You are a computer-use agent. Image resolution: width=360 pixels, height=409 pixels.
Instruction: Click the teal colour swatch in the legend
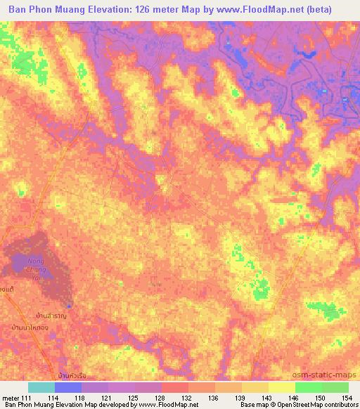(x=41, y=387)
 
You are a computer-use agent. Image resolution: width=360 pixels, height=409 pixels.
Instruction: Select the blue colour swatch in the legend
(x=68, y=387)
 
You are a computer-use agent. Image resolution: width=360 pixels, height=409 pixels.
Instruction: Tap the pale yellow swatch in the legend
(x=281, y=387)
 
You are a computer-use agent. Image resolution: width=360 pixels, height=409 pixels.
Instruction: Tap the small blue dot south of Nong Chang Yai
(x=68, y=305)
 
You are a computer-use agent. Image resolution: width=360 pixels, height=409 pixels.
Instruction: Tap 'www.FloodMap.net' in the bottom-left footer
(x=157, y=405)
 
